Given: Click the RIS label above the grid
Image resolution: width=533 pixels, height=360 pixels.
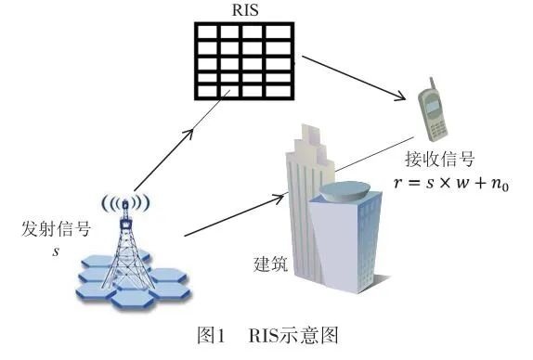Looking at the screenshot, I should click(x=245, y=10).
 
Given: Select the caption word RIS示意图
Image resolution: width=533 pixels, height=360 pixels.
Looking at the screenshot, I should click(x=284, y=338).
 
